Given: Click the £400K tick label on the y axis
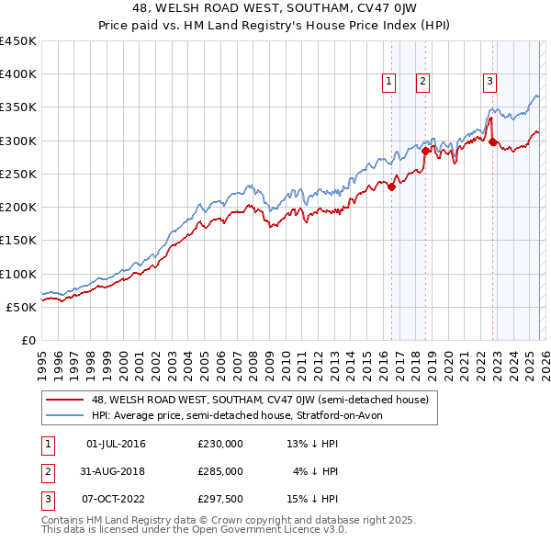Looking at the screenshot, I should click(x=18, y=74).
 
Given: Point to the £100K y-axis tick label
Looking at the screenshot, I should click(x=18, y=274).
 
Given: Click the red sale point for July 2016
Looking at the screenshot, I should click(x=391, y=187).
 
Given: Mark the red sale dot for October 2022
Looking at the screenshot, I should click(x=493, y=142).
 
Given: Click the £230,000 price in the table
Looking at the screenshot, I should click(x=220, y=444).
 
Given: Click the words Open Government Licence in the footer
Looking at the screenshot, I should click(x=260, y=530).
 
